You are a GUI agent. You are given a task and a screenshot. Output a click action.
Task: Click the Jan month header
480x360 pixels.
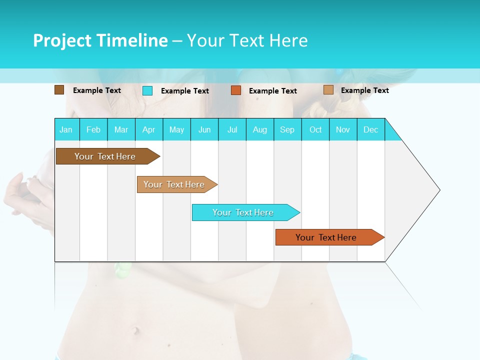click(66, 129)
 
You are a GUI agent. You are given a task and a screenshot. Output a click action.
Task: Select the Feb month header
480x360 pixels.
click(93, 129)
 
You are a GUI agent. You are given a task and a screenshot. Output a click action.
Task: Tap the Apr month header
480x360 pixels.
click(149, 129)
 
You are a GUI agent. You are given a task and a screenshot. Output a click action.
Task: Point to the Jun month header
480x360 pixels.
click(204, 129)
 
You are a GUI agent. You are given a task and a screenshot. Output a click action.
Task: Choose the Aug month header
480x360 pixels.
click(260, 129)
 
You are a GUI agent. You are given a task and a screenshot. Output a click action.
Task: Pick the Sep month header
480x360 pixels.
click(287, 129)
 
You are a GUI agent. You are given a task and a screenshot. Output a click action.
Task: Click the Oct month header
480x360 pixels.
click(315, 129)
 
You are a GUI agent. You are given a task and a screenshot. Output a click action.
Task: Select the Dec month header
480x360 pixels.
click(371, 129)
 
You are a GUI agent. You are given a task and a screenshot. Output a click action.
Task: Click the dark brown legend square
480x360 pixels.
click(59, 90)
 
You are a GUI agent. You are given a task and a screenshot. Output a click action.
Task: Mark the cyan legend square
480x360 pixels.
click(147, 90)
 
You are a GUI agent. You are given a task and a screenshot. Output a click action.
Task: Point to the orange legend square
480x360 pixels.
click(236, 90)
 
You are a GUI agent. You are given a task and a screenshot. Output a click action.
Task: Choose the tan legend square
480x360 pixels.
click(328, 90)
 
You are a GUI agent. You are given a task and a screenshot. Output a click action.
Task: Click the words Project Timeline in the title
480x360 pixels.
click(100, 40)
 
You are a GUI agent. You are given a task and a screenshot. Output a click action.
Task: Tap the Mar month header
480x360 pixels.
click(121, 129)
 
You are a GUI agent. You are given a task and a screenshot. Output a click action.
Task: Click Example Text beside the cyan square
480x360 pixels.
click(185, 91)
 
